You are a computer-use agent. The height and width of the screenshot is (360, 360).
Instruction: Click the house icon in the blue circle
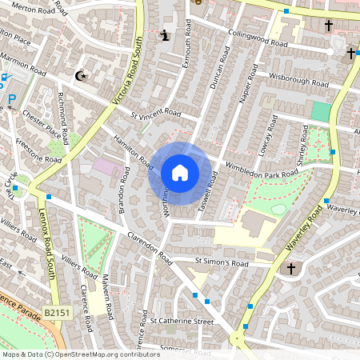pyautogui.click(x=180, y=173)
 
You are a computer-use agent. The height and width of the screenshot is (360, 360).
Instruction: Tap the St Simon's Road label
pyautogui.click(x=222, y=262)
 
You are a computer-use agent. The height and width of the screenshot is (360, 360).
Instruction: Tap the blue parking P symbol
pyautogui.click(x=12, y=101)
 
